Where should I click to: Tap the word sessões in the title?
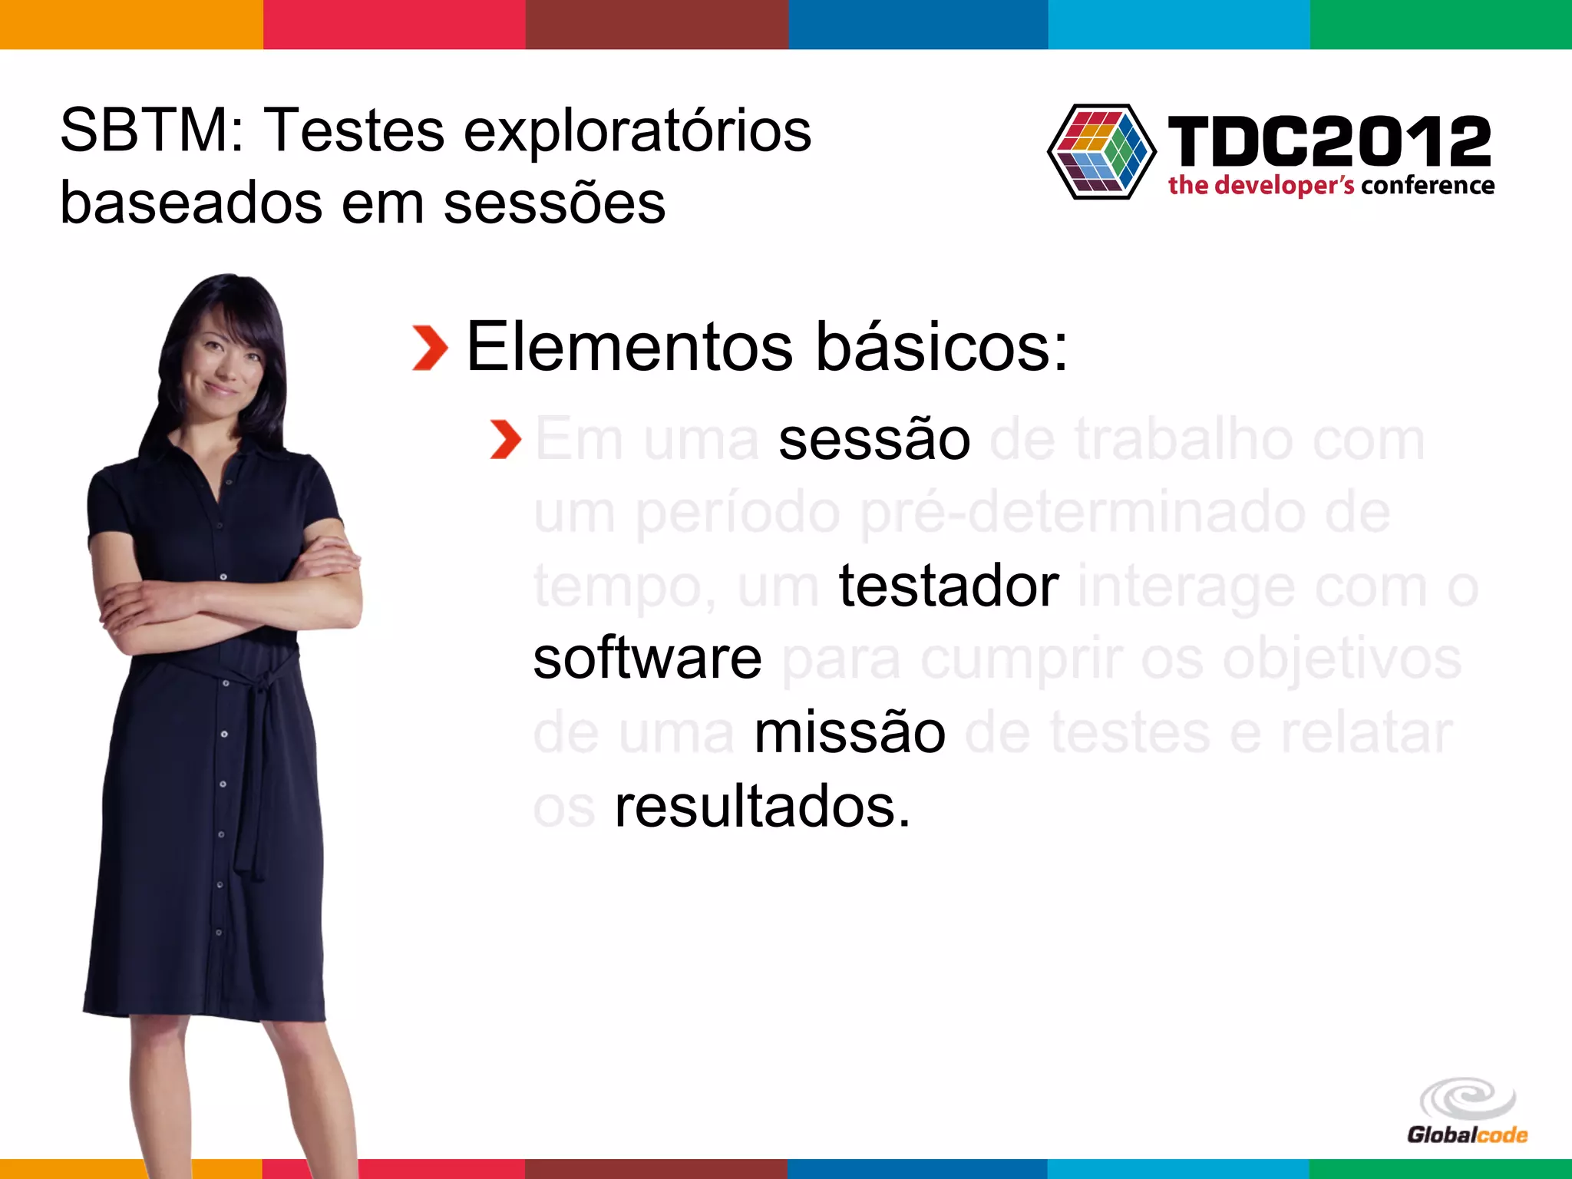pyautogui.click(x=554, y=204)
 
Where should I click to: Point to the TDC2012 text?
pyautogui.click(x=1329, y=141)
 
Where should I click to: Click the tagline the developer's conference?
pyautogui.click(x=1331, y=186)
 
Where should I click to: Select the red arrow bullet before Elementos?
pyautogui.click(x=430, y=348)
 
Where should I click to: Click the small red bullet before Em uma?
pyautogui.click(x=506, y=440)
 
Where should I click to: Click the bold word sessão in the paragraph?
pyautogui.click(x=874, y=440)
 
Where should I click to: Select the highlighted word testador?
pyautogui.click(x=949, y=586)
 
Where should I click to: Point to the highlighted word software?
pyautogui.click(x=647, y=659)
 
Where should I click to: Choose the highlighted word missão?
pyautogui.click(x=850, y=732)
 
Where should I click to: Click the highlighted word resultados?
pyautogui.click(x=761, y=807)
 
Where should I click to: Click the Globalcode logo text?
pyautogui.click(x=1467, y=1134)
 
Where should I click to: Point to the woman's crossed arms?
pyautogui.click(x=230, y=591)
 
